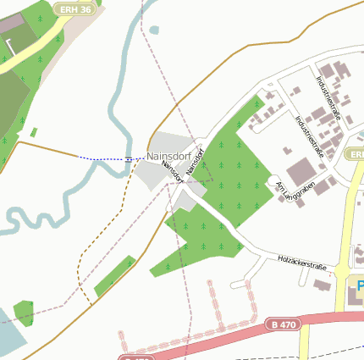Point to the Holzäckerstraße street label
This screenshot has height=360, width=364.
click(302, 262)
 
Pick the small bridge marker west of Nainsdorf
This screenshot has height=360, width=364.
click(128, 158)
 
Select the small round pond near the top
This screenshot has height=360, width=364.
click(154, 30)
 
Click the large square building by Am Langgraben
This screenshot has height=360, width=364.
click(302, 172)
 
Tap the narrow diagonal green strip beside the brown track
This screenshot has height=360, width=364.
click(114, 276)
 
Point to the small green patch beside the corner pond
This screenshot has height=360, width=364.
click(24, 312)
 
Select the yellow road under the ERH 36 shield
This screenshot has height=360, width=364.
click(38, 42)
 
